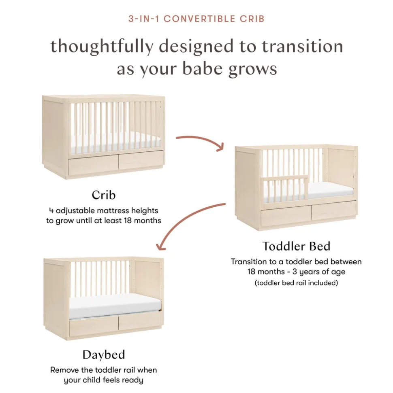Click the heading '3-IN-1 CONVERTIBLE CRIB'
pos(196,19)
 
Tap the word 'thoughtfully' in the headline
pos(102,47)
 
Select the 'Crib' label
pos(103,195)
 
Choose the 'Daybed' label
pos(104,355)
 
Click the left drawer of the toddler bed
pos(286,217)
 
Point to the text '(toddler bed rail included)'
pos(296,283)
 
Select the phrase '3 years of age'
pos(319,272)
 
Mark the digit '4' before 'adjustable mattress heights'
pos(51,210)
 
